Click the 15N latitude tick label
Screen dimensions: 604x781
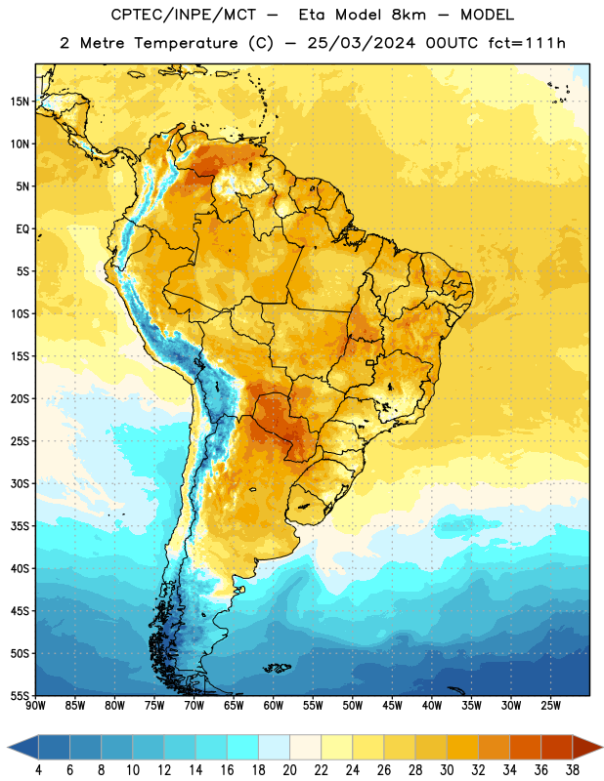(20, 102)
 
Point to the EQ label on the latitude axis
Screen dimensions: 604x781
(22, 229)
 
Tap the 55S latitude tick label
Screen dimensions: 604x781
(20, 695)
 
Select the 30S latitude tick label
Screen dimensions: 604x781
(20, 483)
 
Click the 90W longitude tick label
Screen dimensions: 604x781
(35, 706)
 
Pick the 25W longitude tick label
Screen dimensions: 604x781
(550, 706)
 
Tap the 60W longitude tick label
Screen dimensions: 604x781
(274, 706)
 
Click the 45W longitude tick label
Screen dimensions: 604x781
(392, 706)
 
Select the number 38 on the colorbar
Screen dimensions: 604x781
(573, 770)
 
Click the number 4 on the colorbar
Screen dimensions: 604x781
(38, 770)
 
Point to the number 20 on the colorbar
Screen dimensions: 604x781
(289, 770)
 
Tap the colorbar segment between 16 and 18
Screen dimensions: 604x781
(243, 747)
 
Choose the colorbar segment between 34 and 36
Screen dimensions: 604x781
(526, 747)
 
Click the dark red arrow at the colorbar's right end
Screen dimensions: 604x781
(586, 747)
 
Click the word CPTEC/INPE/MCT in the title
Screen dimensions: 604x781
(183, 15)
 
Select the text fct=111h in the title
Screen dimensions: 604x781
(527, 43)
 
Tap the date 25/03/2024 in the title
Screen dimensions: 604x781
(361, 43)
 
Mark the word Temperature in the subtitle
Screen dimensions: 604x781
(186, 43)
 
